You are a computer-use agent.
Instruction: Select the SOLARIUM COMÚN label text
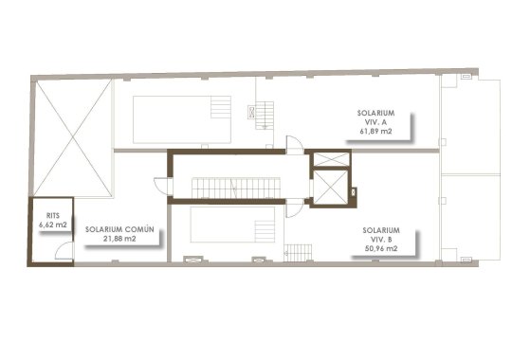[x=119, y=229]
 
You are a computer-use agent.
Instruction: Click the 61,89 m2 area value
[x=377, y=133]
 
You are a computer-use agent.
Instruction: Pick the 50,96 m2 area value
[x=379, y=249]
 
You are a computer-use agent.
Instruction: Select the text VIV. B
[x=379, y=240]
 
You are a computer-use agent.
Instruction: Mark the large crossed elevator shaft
[x=331, y=185]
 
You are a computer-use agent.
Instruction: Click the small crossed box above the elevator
[x=330, y=158]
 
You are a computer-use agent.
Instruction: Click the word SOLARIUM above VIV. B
[x=379, y=230]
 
